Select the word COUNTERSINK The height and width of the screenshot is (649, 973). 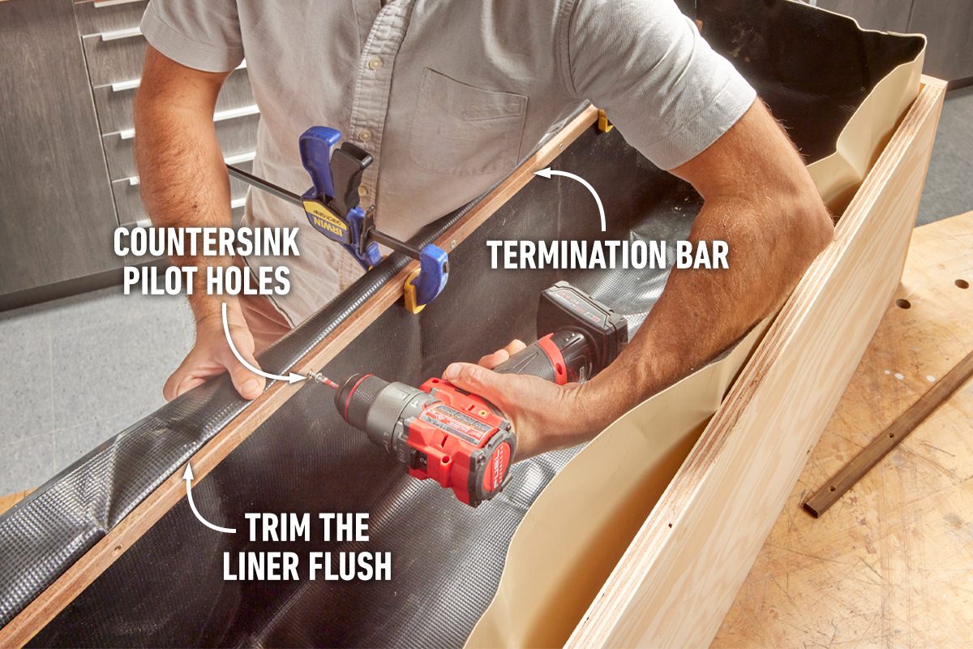206,243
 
